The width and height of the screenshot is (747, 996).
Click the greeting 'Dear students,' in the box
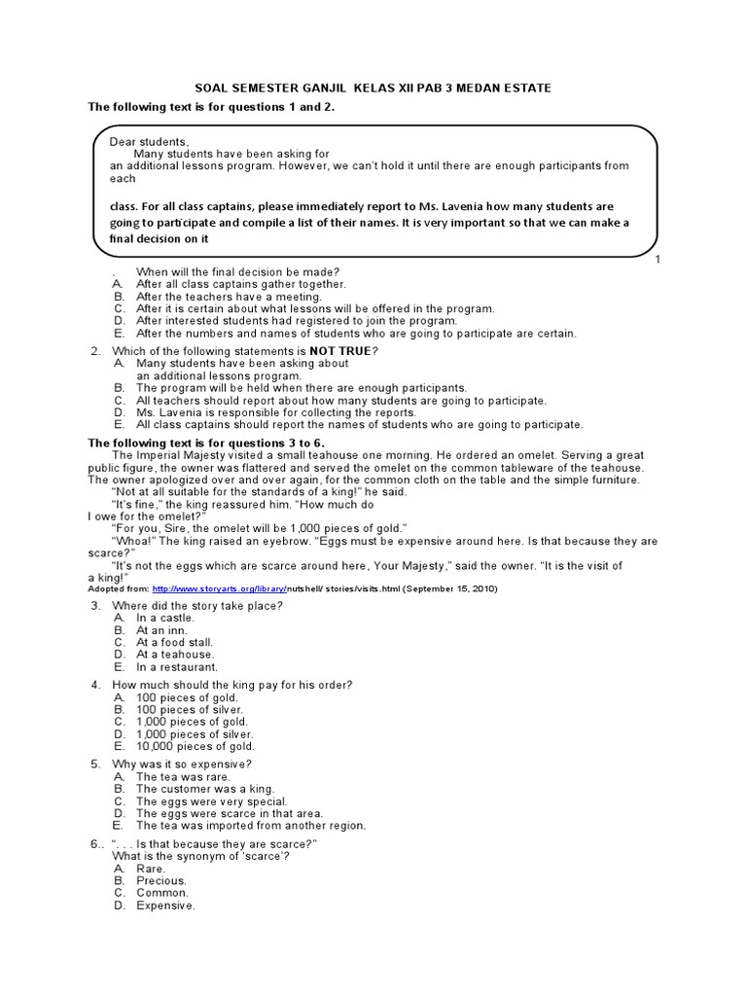(x=149, y=141)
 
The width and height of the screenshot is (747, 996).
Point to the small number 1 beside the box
(x=658, y=260)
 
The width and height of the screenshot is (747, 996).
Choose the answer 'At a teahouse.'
(x=175, y=655)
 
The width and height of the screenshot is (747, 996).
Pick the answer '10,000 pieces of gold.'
(x=196, y=746)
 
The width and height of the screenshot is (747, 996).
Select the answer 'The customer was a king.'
(x=205, y=789)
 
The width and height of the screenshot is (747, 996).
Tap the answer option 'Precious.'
(x=161, y=880)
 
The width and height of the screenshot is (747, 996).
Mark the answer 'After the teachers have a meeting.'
(x=229, y=296)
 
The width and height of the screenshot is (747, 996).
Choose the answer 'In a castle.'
(x=165, y=618)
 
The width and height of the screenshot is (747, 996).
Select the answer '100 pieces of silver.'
(x=190, y=710)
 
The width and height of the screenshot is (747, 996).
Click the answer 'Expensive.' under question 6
(x=165, y=905)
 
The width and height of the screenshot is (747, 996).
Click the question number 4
(x=96, y=685)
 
